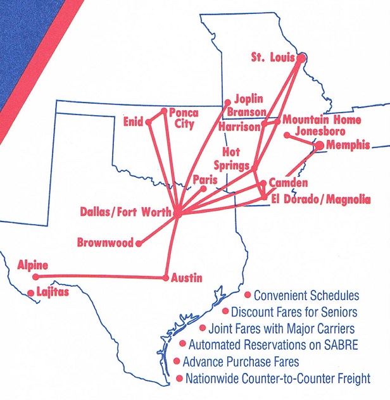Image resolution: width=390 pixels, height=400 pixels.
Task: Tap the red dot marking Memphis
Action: [319, 146]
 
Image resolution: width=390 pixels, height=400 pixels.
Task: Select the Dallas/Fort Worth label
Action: [125, 213]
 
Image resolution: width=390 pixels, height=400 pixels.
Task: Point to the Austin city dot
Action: [166, 277]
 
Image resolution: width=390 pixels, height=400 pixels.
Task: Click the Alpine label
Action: [32, 265]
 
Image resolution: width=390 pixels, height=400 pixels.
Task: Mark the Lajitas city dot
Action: [30, 292]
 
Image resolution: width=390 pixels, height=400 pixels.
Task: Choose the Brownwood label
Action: [105, 242]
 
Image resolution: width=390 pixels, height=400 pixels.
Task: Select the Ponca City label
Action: [184, 118]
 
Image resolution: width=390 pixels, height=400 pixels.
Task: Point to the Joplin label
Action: [248, 99]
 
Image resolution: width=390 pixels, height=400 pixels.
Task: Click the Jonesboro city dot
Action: [287, 135]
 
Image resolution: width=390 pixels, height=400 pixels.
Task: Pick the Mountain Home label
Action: [322, 120]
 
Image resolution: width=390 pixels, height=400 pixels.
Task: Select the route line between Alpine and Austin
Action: [101, 277]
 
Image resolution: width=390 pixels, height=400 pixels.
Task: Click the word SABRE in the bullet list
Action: [342, 345]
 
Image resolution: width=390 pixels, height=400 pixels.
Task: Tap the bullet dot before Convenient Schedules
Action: [247, 295]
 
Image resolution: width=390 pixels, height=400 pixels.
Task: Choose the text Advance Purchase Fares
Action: [240, 362]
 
